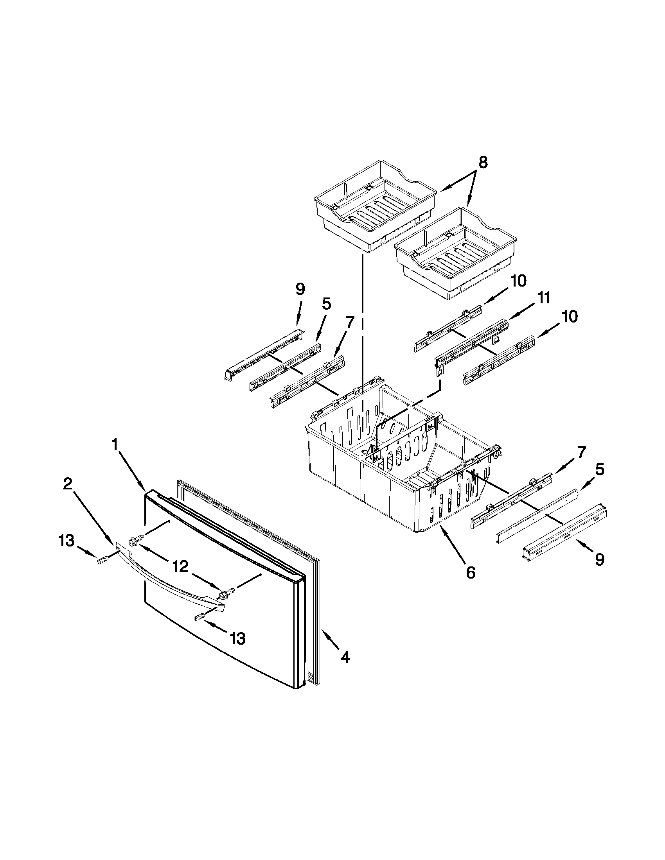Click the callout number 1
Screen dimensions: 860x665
(115, 444)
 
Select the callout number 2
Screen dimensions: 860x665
(68, 484)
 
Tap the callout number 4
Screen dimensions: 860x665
(345, 657)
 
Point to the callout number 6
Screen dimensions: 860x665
(470, 573)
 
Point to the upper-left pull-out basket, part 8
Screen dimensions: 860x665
(374, 205)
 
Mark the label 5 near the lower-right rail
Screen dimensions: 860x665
(599, 469)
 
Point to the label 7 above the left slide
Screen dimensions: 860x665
(348, 322)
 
